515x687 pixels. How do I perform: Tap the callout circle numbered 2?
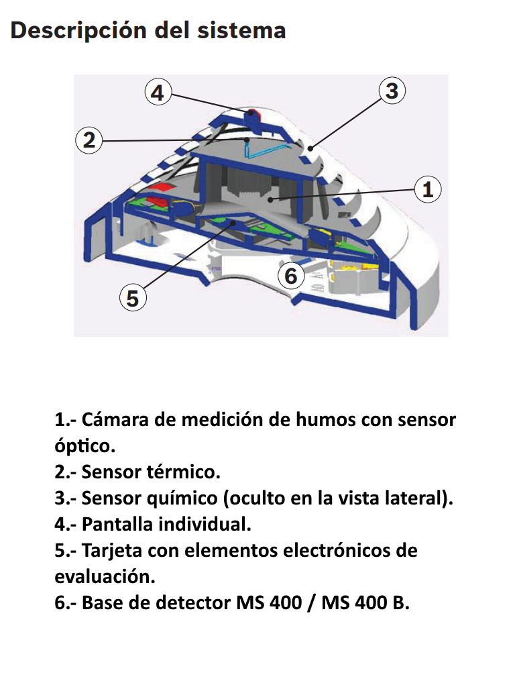click(x=89, y=140)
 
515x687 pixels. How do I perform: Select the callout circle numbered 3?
click(x=392, y=91)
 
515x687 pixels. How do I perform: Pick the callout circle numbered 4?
click(x=157, y=93)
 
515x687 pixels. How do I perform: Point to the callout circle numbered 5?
click(x=133, y=297)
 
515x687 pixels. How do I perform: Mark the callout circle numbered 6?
click(x=291, y=276)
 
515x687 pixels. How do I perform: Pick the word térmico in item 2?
click(x=183, y=472)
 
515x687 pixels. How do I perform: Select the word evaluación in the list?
click(x=104, y=576)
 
